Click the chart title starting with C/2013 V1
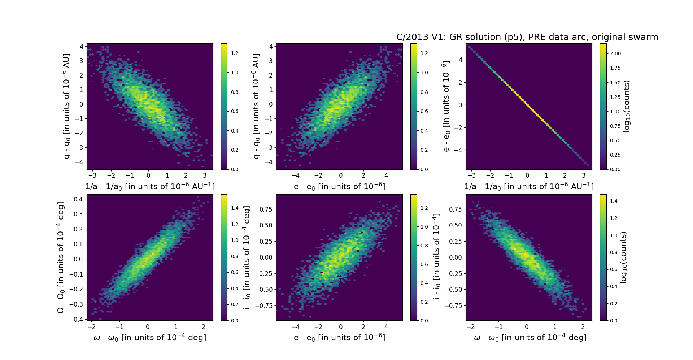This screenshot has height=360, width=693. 527,37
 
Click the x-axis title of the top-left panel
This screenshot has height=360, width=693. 150,186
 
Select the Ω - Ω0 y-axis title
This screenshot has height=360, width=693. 61,257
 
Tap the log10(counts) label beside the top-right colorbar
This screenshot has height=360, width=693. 627,106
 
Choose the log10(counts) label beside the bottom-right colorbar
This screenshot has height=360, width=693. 623,257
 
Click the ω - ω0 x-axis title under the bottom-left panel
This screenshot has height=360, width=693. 150,337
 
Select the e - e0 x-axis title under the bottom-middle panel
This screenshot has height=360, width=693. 339,337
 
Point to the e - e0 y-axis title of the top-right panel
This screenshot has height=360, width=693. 446,106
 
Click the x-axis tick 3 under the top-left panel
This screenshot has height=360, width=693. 205,175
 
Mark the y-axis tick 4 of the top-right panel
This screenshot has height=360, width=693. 461,60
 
